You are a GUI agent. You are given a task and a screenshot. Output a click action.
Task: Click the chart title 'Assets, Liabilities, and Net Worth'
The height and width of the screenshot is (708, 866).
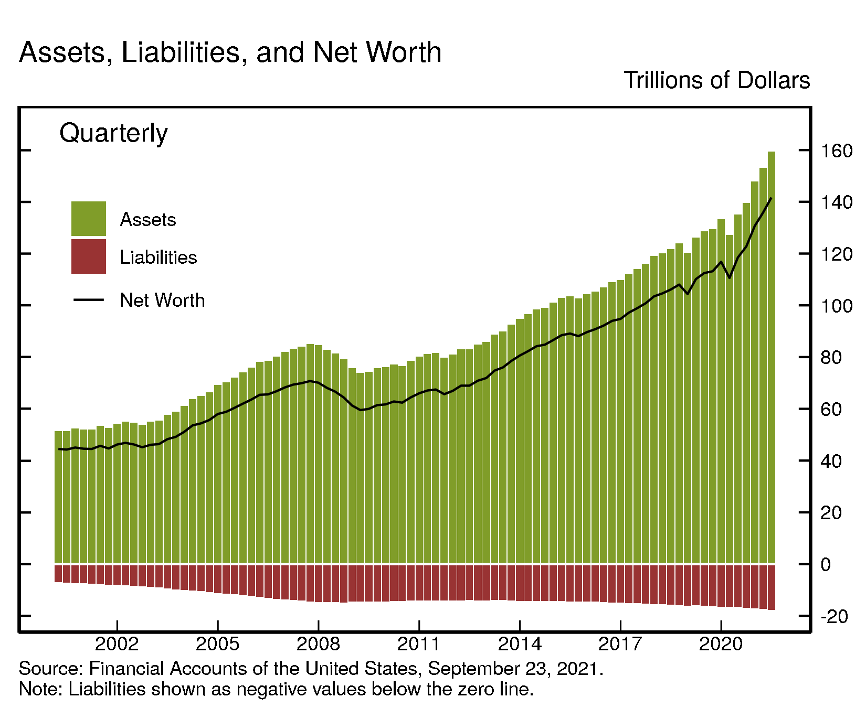point(230,52)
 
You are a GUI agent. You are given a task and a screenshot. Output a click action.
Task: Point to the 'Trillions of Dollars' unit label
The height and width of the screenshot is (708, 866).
point(716,81)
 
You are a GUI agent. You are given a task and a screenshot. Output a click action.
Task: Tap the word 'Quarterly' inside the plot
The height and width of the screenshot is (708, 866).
point(113,133)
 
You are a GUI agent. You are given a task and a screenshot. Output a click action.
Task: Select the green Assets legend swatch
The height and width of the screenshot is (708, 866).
point(89,219)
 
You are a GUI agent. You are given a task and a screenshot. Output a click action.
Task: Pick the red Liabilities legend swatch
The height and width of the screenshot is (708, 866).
point(89,256)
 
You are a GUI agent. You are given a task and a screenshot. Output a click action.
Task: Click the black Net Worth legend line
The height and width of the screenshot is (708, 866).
point(89,300)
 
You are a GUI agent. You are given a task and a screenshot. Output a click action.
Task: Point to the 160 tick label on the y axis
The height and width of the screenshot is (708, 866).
point(836,151)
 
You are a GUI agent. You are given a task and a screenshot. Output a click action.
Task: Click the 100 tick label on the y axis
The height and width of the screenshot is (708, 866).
point(836,306)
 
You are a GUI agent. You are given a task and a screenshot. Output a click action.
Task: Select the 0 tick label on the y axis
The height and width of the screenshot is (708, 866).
point(826,565)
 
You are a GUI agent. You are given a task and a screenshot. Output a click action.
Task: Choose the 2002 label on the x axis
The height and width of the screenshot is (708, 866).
point(117,643)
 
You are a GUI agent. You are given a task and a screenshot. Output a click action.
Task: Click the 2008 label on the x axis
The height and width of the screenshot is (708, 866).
point(319,643)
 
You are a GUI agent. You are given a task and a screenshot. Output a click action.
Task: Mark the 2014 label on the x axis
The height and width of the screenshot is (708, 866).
point(520,643)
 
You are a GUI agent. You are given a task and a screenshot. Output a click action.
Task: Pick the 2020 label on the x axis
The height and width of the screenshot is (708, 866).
point(721,643)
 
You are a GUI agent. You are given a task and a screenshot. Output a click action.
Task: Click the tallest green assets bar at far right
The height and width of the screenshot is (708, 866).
point(772,357)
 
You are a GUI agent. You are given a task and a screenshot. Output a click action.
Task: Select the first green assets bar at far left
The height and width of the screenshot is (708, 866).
point(58,498)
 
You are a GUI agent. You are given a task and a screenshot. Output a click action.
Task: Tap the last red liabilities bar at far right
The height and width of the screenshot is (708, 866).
point(772,587)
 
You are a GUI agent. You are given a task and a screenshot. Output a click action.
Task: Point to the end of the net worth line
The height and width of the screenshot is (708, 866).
point(770,199)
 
